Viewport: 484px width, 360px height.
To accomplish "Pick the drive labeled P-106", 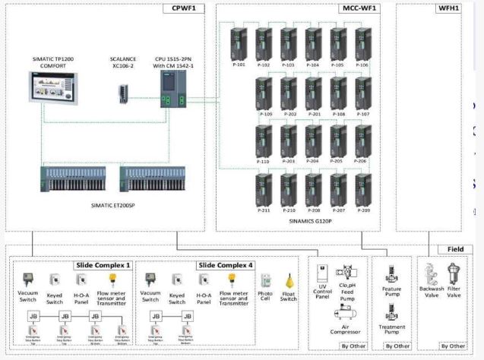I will point(362,45).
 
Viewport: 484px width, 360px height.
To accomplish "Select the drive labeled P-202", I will point(289,94).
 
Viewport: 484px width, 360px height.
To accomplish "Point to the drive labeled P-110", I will point(264,142).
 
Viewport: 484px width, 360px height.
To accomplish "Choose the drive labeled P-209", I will point(362,190).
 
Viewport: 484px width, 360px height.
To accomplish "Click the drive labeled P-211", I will point(264,190).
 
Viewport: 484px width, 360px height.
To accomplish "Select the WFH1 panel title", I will point(448,8).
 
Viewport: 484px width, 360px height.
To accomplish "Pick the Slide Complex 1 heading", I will point(103,265).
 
